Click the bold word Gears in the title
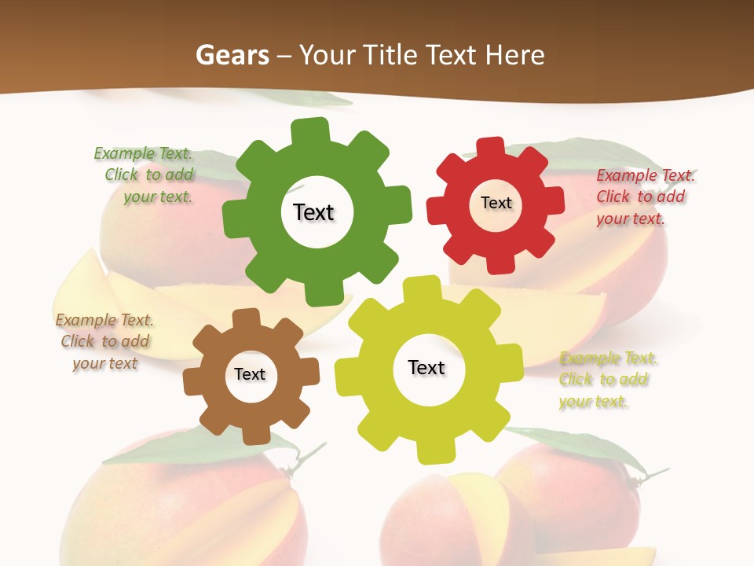(232, 55)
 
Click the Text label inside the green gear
(313, 212)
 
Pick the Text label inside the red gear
(496, 203)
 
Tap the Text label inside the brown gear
(250, 374)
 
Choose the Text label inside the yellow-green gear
(426, 367)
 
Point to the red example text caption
(644, 197)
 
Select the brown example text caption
(104, 341)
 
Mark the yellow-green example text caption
(607, 380)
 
